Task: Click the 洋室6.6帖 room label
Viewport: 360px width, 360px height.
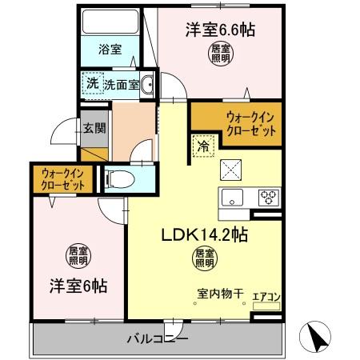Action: coord(221,30)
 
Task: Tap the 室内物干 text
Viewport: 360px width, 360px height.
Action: coord(220,292)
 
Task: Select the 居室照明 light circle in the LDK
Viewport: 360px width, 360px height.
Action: coord(203,258)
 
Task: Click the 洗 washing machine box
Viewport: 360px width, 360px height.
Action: coord(92,82)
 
